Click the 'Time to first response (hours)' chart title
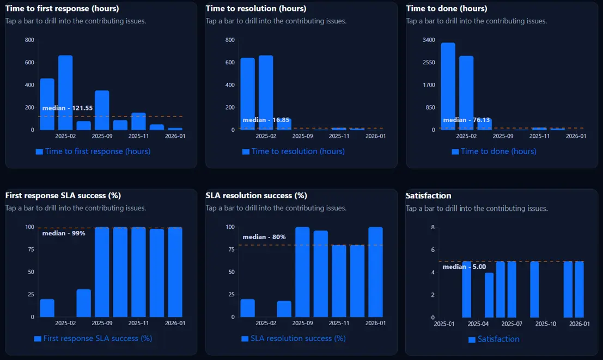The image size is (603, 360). click(62, 9)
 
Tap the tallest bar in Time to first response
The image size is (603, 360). click(65, 93)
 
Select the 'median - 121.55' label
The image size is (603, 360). click(68, 108)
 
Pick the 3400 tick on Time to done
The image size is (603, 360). click(429, 40)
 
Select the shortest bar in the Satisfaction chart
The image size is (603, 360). click(489, 295)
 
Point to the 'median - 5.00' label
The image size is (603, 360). click(464, 267)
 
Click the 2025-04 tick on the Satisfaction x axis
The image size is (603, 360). click(478, 324)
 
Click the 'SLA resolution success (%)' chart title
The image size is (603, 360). click(256, 196)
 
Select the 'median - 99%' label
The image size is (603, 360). click(64, 233)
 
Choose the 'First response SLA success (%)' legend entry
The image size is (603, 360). click(93, 338)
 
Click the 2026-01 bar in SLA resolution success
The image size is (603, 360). click(375, 272)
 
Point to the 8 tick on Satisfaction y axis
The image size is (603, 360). click(433, 227)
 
